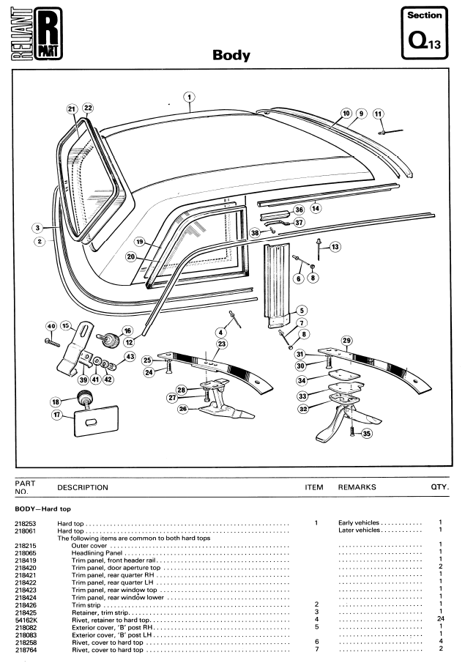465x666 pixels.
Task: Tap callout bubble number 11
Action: pyautogui.click(x=378, y=114)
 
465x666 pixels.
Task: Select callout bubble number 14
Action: pyautogui.click(x=316, y=208)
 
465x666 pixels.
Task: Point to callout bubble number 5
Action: pyautogui.click(x=301, y=310)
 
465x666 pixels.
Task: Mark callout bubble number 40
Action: pyautogui.click(x=51, y=326)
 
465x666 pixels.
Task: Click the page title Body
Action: pyautogui.click(x=231, y=56)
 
